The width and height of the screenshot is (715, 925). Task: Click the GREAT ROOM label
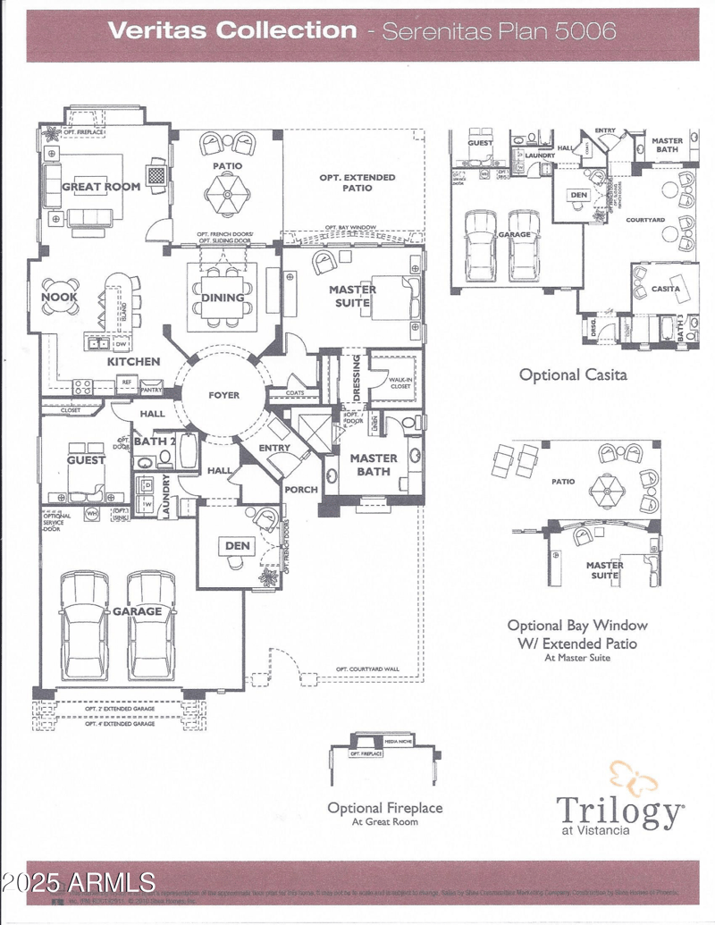(101, 187)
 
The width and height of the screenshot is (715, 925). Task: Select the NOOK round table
(59, 298)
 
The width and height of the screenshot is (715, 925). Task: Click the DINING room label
(223, 298)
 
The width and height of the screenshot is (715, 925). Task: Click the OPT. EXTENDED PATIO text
(357, 182)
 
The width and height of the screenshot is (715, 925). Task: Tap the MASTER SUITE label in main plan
(352, 296)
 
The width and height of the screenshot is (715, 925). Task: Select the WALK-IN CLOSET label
(400, 383)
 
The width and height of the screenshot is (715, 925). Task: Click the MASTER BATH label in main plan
(374, 464)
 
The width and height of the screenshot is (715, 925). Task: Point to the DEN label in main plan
(238, 545)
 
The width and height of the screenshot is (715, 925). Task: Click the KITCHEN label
(134, 361)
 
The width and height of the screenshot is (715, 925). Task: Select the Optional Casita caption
(573, 375)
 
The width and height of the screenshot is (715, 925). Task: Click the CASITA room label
(665, 289)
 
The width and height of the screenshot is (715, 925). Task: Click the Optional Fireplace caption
(384, 808)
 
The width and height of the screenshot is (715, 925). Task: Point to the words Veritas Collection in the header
(231, 29)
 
